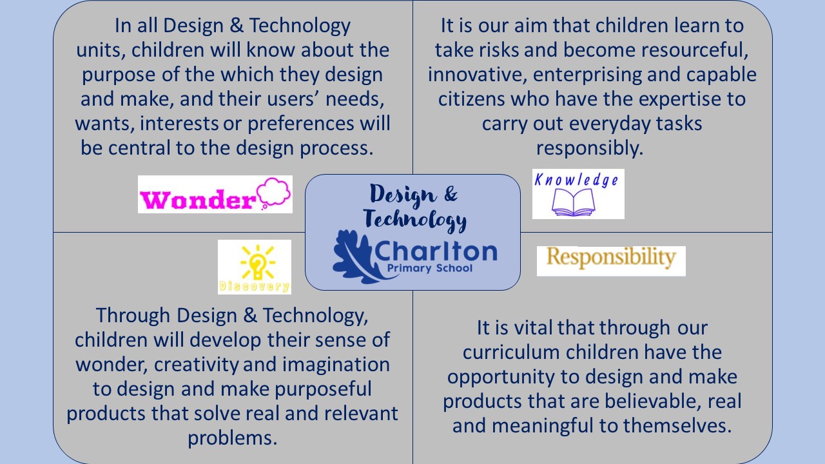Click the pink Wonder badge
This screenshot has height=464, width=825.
(215, 194)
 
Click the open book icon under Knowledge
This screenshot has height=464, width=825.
(573, 202)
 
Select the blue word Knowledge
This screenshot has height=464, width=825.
(576, 180)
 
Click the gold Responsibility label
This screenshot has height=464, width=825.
(611, 258)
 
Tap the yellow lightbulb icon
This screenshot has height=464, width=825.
(257, 262)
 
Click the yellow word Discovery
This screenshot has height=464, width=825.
(254, 286)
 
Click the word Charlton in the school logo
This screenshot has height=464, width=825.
(436, 251)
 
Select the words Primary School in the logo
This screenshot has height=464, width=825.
(429, 268)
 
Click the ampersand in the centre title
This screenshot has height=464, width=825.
(451, 194)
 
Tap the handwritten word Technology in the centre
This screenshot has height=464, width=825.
(415, 220)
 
